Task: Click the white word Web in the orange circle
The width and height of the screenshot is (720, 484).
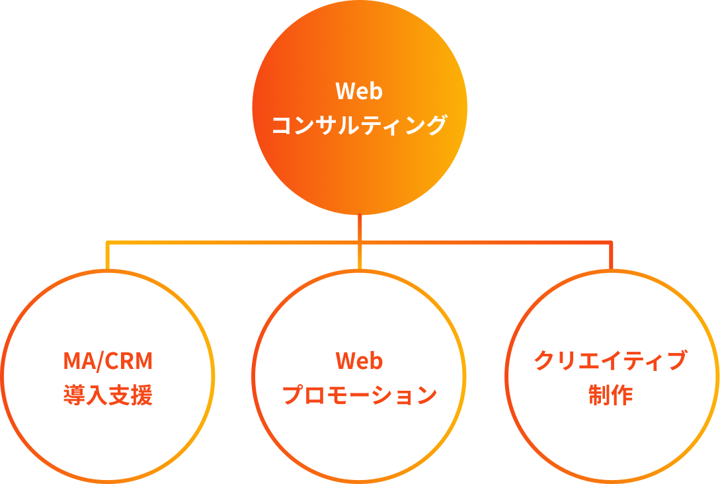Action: click(359, 91)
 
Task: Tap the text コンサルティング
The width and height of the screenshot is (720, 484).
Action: click(359, 124)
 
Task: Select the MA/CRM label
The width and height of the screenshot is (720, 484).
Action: click(108, 362)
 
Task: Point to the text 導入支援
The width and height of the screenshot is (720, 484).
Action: click(108, 395)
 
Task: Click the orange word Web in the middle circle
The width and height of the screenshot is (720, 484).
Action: click(359, 362)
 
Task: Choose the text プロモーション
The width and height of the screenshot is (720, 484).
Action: click(359, 395)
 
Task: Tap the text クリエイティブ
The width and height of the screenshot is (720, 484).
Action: click(610, 362)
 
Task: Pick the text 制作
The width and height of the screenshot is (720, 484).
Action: click(610, 395)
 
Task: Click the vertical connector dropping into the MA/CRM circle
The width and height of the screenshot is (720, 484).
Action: click(108, 257)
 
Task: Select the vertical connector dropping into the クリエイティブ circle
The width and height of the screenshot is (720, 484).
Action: click(611, 257)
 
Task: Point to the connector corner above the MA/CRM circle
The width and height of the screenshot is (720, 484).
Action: click(108, 243)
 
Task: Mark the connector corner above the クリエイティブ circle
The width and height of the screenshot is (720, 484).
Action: click(611, 243)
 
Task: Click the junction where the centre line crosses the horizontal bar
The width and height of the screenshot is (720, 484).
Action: click(360, 243)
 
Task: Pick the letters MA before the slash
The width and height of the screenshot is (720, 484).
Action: click(79, 362)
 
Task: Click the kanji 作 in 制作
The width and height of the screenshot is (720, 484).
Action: click(622, 395)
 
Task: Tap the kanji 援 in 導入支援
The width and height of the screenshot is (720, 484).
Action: click(141, 395)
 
